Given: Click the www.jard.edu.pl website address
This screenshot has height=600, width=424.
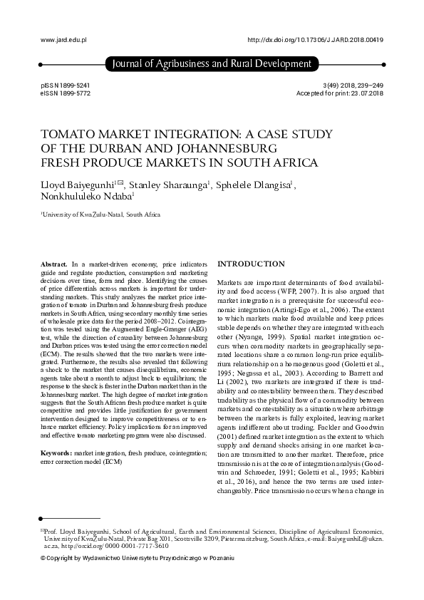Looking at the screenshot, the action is click(63, 41).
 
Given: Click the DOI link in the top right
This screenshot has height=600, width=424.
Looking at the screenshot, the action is click(315, 41).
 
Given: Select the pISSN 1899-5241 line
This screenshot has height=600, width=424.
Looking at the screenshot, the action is click(66, 86).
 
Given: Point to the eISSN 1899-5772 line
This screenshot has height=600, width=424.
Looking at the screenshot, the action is click(66, 94).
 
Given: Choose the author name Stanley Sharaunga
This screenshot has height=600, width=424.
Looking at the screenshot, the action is click(170, 186).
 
